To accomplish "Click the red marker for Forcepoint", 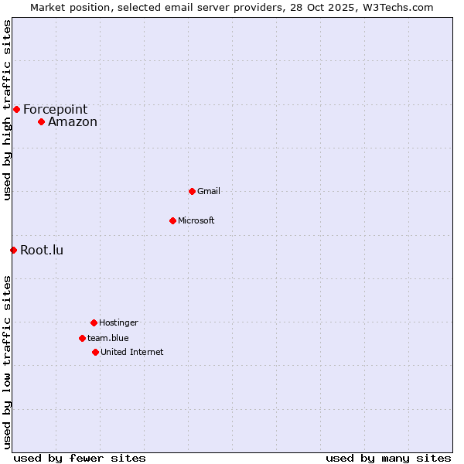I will (x=16, y=109).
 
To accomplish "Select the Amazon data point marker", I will (x=41, y=121).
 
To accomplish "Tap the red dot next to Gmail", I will (x=192, y=191).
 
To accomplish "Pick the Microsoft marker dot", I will (x=172, y=220).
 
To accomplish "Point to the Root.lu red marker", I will (x=13, y=250).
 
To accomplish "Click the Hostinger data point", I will (x=94, y=322).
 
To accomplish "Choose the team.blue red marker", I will (x=82, y=338).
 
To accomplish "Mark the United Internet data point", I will (x=95, y=352).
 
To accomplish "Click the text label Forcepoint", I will (x=55, y=109).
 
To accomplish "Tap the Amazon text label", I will (x=73, y=121).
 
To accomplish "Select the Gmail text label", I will (x=209, y=191).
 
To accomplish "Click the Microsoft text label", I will (x=196, y=220).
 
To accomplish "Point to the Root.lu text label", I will (x=42, y=250).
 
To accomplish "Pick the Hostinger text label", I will (x=118, y=322).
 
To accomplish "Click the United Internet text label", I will (x=132, y=352).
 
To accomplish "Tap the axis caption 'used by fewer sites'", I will (x=80, y=458).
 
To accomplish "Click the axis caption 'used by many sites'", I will (x=388, y=458).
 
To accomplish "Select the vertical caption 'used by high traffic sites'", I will (x=7, y=110).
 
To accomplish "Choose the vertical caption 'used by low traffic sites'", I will (x=7, y=362).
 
